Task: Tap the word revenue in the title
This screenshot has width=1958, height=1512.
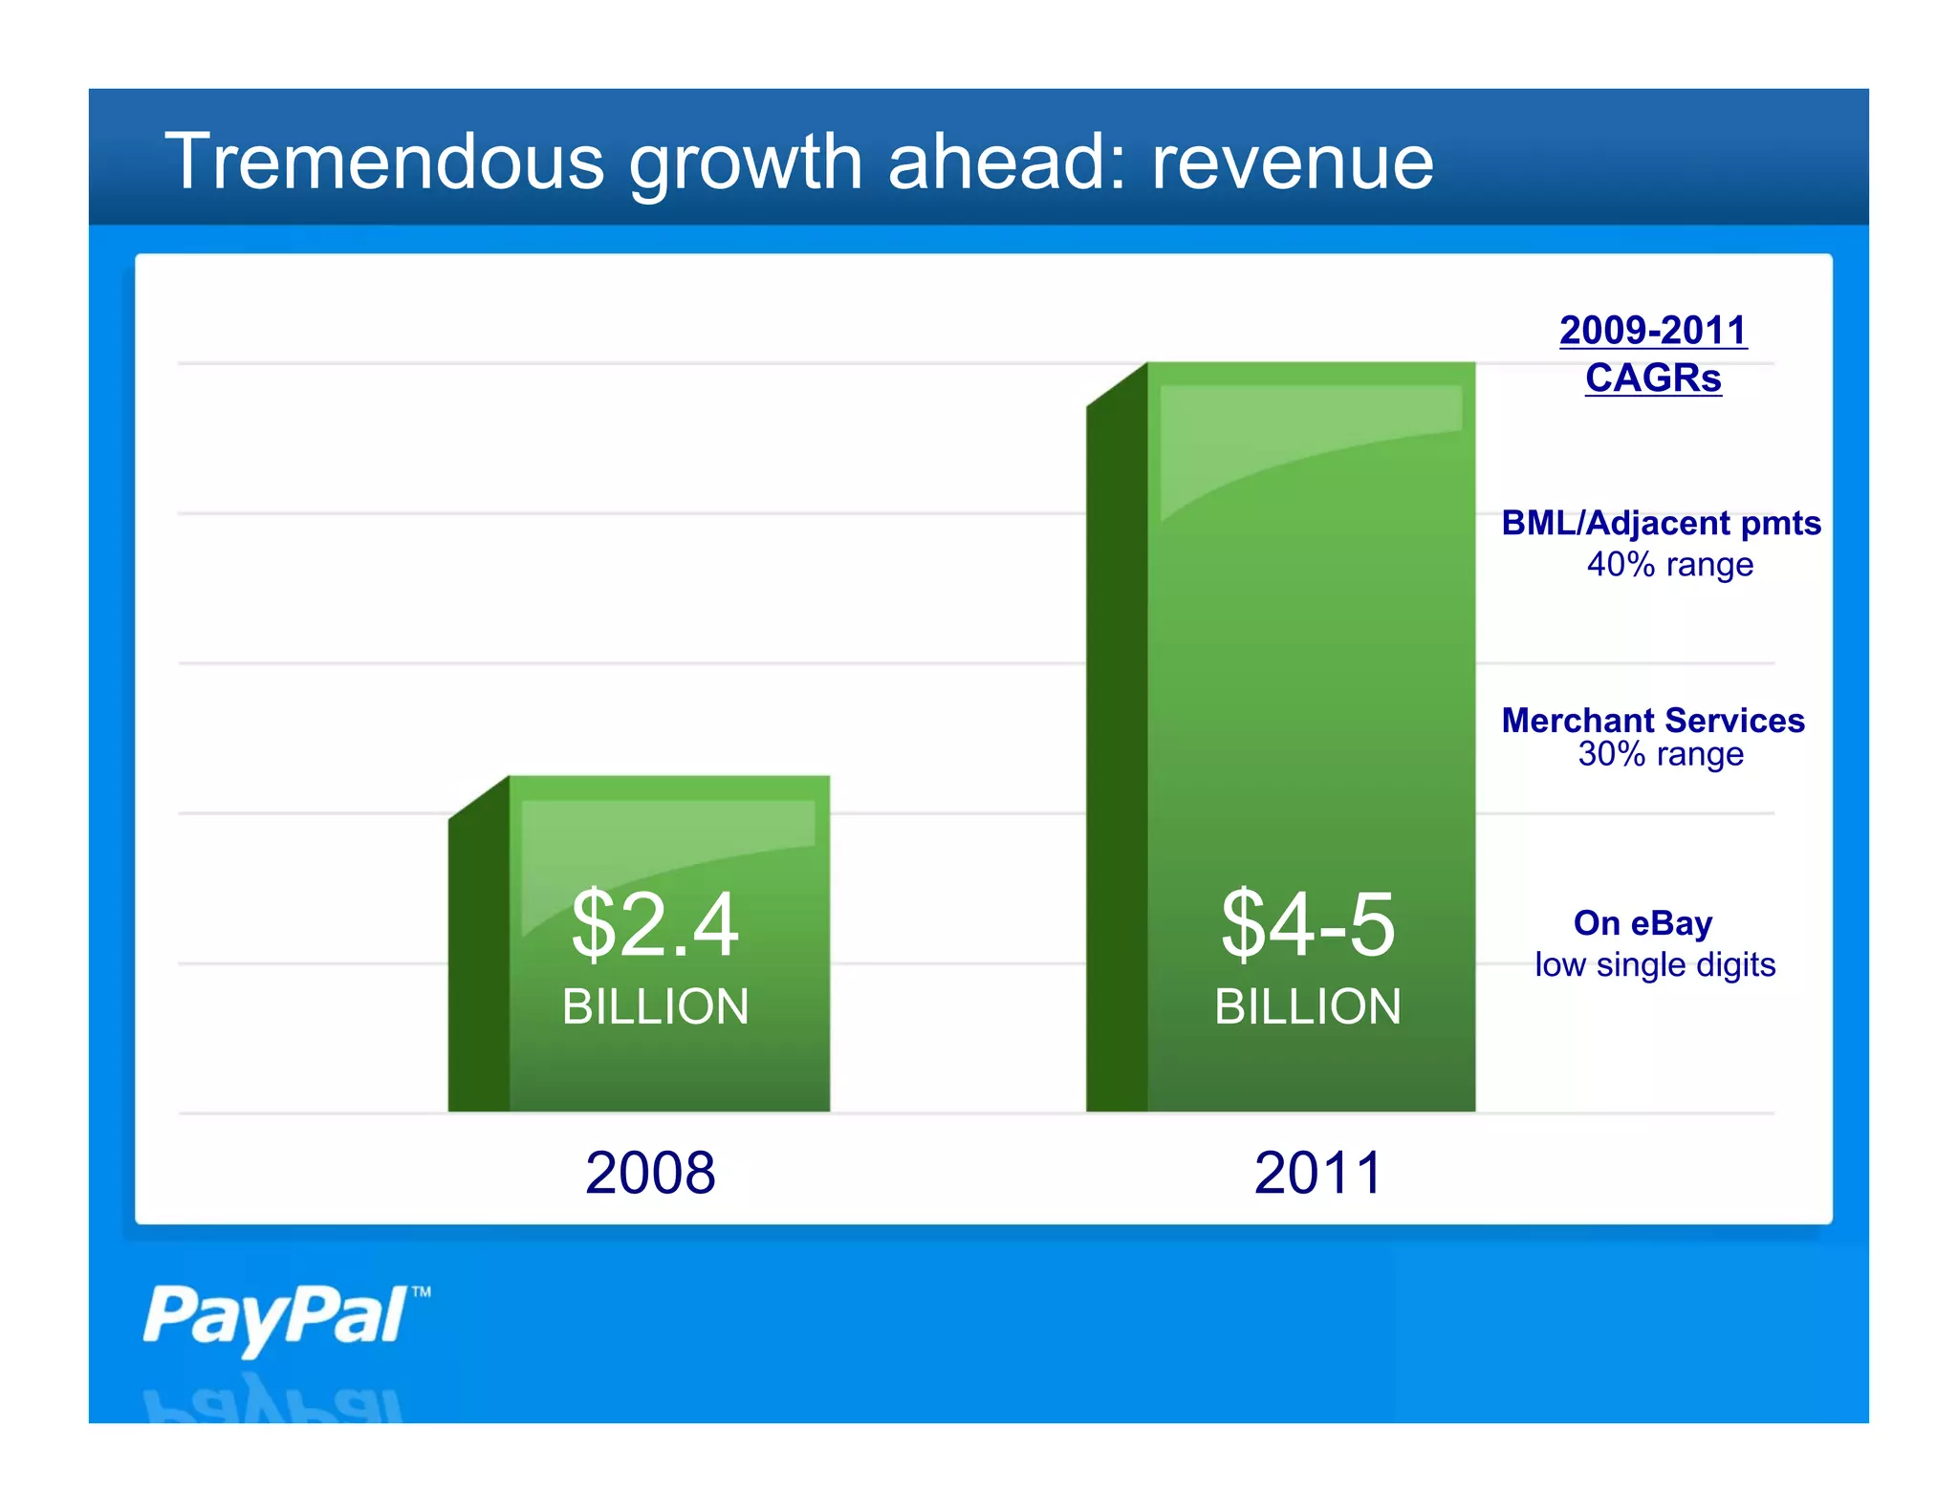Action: pos(1292,162)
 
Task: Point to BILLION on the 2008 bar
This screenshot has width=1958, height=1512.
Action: pos(655,1006)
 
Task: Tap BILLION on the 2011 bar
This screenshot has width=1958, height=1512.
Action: pos(1308,1006)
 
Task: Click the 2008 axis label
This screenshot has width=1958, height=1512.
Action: pos(650,1173)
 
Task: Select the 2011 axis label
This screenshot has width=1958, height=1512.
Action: pos(1318,1173)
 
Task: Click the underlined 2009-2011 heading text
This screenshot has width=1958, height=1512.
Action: pos(1653,331)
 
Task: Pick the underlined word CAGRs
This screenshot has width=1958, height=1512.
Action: pos(1653,378)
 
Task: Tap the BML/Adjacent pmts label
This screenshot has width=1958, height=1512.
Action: pos(1661,523)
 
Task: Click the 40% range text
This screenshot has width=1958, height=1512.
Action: pos(1669,564)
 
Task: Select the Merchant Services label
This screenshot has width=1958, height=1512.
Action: pos(1653,720)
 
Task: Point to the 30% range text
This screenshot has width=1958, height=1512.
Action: pos(1661,754)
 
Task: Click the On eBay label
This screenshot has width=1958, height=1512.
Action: pos(1643,923)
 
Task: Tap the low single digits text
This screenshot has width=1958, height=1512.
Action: pos(1655,964)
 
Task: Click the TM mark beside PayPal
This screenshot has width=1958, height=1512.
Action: pos(421,1292)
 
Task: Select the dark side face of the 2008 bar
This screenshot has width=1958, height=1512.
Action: pos(478,956)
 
